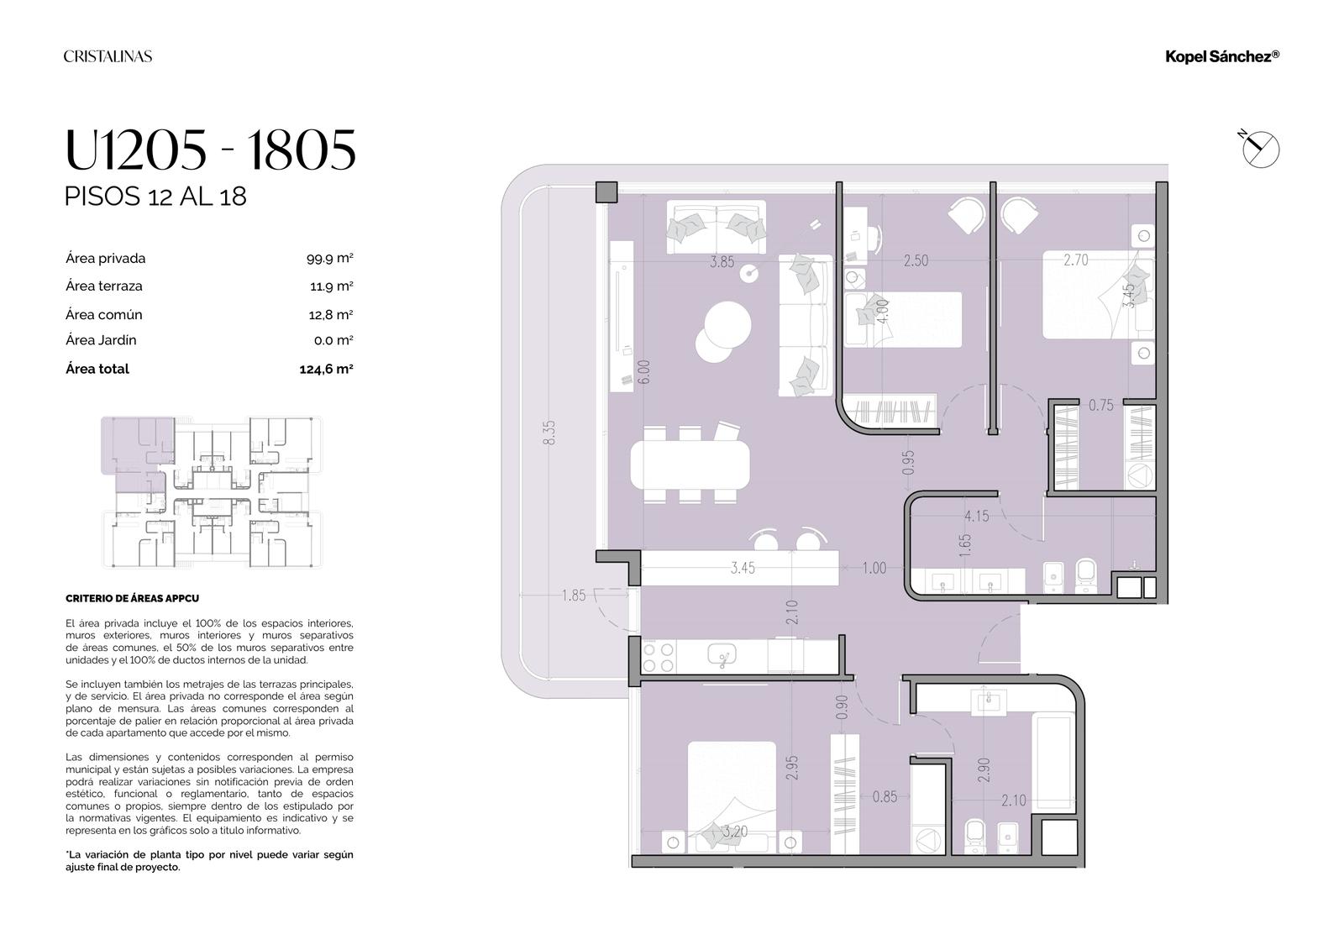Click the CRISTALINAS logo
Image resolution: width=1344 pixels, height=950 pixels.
point(108,56)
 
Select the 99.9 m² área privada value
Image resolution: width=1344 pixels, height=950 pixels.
point(329,258)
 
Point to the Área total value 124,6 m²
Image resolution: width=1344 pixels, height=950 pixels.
point(327,369)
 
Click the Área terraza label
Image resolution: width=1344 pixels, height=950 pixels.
point(104,286)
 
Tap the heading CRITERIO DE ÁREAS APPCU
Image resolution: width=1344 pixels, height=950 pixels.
point(132,598)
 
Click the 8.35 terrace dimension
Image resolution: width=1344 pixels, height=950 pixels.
point(549,432)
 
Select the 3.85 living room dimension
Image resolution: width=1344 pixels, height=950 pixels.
point(722,262)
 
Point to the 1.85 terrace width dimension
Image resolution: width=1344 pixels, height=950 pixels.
point(574,596)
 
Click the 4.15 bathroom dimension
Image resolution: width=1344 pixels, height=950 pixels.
point(977,516)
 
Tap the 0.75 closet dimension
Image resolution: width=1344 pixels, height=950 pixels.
point(1101,405)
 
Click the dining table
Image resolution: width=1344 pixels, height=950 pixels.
point(690,465)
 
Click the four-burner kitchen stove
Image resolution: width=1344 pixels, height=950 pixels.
point(659,657)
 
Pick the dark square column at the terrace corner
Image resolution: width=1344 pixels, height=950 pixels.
point(606,192)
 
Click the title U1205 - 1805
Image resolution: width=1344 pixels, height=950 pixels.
point(210,150)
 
